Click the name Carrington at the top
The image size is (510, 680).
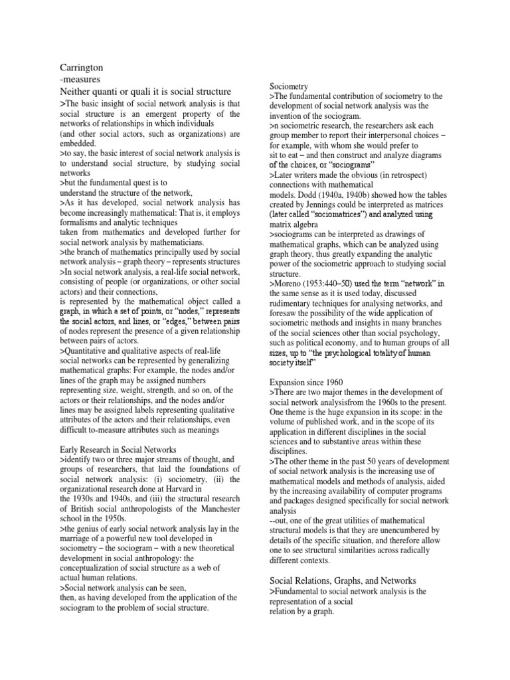[x=81, y=67]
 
